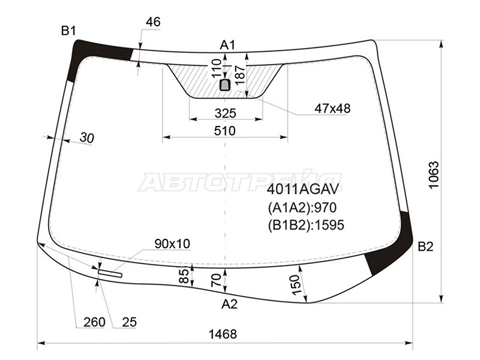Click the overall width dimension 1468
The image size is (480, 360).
click(223, 334)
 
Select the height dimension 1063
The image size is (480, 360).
click(434, 175)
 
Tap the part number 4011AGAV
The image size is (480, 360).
click(303, 190)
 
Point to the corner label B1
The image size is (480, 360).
click(68, 31)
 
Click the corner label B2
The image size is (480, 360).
click(425, 247)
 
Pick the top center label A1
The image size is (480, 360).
click(227, 45)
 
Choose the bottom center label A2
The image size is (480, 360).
click(229, 304)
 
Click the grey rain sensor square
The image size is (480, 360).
click(226, 85)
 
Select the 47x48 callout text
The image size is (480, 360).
click(332, 108)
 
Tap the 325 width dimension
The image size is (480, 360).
click(226, 113)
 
